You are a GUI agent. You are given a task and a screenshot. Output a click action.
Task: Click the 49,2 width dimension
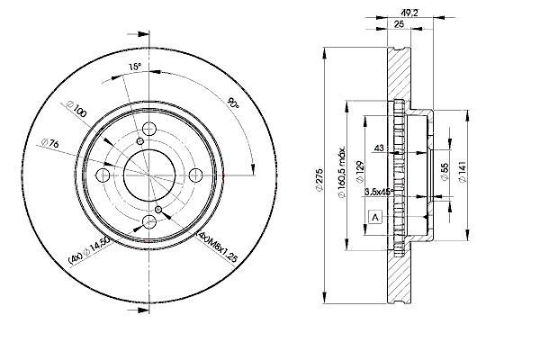(409, 13)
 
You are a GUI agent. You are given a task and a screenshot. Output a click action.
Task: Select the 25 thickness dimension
(399, 24)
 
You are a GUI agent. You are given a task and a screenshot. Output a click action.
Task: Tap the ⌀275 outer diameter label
(319, 179)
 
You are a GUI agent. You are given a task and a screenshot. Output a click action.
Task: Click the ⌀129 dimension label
(360, 171)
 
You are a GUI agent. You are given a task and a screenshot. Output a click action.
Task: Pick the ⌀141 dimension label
(463, 172)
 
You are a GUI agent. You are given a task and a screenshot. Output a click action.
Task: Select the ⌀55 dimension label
(445, 172)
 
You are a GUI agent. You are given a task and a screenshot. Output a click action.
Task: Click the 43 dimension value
(379, 148)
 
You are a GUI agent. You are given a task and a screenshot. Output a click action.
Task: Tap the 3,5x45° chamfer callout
(379, 192)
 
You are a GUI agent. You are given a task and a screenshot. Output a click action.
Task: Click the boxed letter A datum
(375, 217)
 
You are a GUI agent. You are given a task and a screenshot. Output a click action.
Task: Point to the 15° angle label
(135, 67)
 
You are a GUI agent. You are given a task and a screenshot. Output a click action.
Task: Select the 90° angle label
(233, 103)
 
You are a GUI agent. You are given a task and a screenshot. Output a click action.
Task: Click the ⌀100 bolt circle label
(76, 109)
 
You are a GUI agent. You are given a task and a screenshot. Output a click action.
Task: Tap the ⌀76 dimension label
(50, 142)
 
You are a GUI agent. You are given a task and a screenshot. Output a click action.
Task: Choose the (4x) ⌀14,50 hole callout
(90, 250)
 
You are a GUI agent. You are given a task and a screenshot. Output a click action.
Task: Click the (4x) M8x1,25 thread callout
(217, 247)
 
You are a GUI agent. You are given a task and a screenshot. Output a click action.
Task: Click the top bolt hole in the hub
(149, 130)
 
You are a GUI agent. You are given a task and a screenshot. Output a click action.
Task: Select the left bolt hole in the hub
(103, 175)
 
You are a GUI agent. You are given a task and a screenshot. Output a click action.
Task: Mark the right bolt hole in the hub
(196, 175)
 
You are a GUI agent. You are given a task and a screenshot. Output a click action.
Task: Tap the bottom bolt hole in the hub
(149, 221)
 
